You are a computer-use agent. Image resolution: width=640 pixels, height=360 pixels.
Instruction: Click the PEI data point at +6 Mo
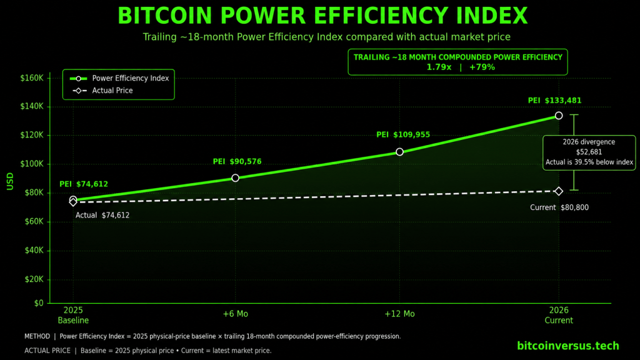point(235,178)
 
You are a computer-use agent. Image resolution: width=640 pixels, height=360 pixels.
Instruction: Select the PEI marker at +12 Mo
point(399,152)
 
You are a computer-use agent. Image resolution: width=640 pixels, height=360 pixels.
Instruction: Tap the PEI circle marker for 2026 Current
point(559,116)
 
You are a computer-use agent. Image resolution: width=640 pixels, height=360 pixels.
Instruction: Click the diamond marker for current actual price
point(559,191)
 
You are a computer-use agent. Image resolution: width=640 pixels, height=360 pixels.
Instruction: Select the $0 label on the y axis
point(39,303)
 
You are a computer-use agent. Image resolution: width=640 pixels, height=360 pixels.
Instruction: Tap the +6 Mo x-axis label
point(235,314)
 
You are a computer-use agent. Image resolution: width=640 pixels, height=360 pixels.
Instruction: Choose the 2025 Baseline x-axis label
point(73,315)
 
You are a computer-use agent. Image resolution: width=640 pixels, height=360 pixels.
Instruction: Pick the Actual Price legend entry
point(102,91)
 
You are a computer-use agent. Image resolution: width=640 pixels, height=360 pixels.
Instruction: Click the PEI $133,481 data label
point(555,101)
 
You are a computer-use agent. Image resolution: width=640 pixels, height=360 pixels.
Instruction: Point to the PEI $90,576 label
point(237,162)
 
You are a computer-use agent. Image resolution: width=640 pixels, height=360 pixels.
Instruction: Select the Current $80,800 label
point(559,207)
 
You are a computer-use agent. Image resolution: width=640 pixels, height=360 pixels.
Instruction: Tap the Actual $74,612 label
point(102,215)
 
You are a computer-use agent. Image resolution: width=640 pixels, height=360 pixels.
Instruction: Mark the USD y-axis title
point(10,181)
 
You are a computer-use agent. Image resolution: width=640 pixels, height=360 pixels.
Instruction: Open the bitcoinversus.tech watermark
point(567,346)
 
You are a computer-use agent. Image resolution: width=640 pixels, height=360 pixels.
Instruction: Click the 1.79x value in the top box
point(439,67)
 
